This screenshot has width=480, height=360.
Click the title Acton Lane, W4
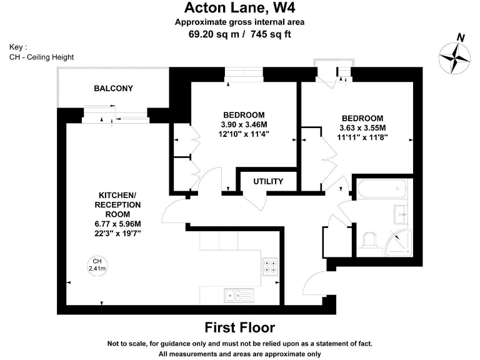click(240, 8)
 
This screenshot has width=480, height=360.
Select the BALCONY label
click(113, 88)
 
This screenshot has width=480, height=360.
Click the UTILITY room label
click(268, 181)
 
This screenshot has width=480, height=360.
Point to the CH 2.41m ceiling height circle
click(97, 265)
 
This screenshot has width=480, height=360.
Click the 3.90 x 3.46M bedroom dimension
click(244, 124)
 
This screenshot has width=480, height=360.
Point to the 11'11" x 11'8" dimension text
click(362, 136)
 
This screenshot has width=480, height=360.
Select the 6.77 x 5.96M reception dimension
click(117, 224)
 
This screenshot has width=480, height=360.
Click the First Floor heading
click(240, 327)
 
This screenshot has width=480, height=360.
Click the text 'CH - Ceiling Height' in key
click(42, 57)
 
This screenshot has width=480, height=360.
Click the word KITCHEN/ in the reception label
click(117, 196)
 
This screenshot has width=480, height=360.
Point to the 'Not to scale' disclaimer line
click(240, 344)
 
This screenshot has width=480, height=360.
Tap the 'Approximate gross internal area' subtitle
click(240, 22)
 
